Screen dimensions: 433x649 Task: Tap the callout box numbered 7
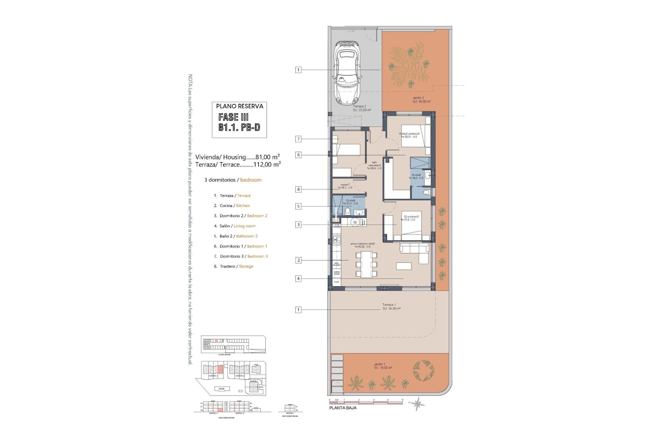[298, 139]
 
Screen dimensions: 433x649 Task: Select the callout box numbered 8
[298, 189]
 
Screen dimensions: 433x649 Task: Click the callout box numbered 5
[298, 206]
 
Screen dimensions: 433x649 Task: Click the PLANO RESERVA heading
[239, 106]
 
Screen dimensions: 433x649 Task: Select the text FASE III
[233, 117]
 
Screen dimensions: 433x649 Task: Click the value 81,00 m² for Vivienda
[267, 157]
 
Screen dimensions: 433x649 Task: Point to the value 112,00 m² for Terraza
[267, 164]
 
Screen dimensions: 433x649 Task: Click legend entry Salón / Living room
[237, 226]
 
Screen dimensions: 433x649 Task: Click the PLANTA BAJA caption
[343, 408]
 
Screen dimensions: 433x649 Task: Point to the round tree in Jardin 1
[423, 369]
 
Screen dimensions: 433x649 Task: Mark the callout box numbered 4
[298, 279]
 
